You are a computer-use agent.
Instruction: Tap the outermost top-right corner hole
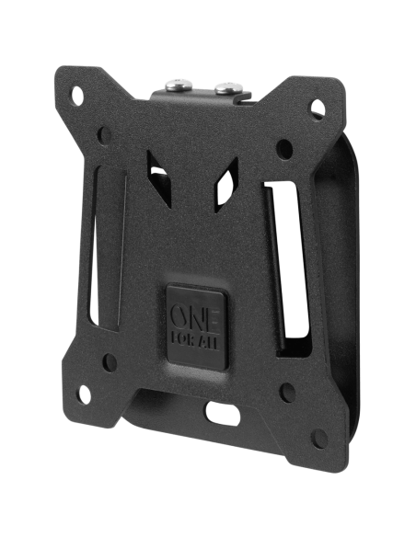[x=308, y=119]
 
